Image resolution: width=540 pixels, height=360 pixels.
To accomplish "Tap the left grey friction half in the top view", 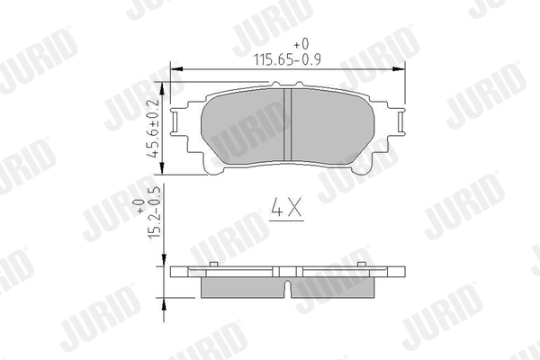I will pyautogui.click(x=243, y=126).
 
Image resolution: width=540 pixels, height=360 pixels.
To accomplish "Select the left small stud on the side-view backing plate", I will pyautogui.click(x=213, y=264).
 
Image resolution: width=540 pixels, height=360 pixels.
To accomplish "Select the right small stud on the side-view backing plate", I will pyautogui.click(x=362, y=264).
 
